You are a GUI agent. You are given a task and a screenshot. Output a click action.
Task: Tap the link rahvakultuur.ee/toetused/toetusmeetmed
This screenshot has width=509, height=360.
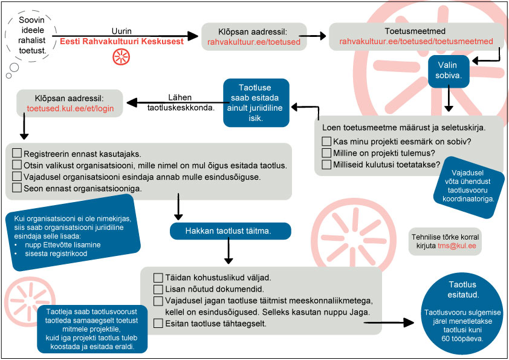pos(417,42)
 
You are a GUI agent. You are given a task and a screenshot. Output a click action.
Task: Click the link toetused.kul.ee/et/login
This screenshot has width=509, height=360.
pos(70,109)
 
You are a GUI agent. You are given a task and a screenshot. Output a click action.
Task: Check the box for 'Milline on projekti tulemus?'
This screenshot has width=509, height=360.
pos(327,152)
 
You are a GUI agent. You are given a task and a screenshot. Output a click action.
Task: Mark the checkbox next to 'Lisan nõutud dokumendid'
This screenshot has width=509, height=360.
pos(158,289)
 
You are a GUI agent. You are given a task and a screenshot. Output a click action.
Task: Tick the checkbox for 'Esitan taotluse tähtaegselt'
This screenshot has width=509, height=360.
pos(158,324)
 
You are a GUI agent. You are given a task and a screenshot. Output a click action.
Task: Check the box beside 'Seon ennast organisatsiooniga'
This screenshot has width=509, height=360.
pos(17,189)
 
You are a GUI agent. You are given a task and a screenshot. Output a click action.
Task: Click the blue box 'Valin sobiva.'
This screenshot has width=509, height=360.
pos(448,71)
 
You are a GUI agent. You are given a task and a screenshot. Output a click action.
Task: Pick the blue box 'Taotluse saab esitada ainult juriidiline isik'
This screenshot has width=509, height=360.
pos(255,103)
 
